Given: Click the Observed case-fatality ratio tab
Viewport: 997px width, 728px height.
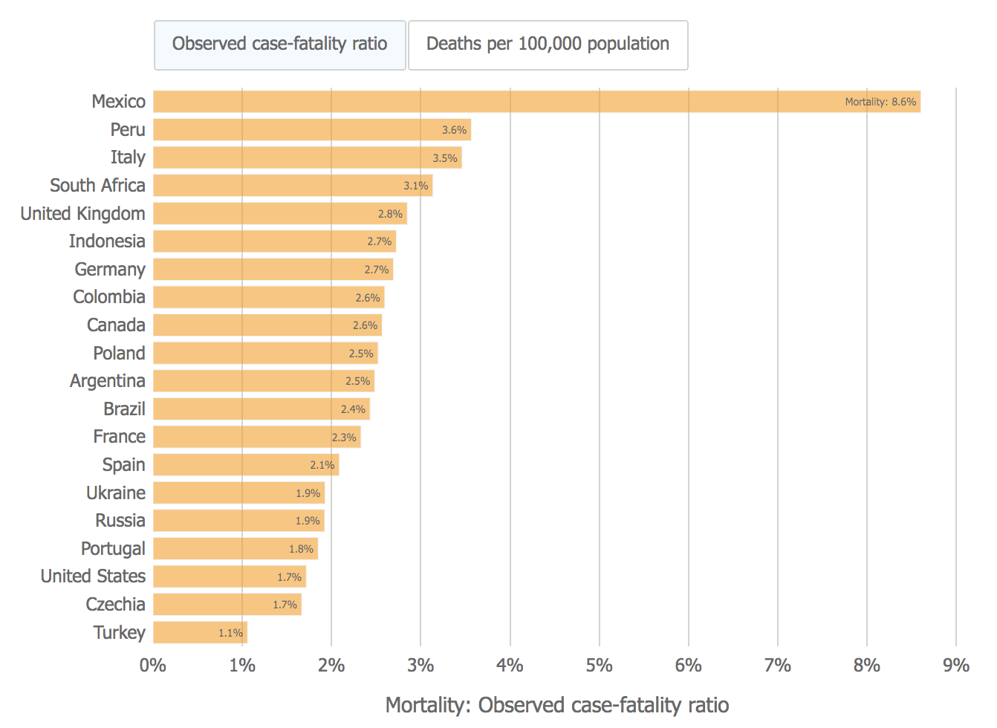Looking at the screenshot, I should pos(280,45).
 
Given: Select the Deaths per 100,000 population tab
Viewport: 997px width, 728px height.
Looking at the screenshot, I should pos(548,45).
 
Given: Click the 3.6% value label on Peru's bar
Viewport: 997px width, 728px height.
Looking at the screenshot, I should pos(454,130).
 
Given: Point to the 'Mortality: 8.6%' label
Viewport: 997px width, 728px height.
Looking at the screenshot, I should pos(880,102).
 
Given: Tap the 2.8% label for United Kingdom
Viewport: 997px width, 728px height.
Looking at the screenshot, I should pos(390,214).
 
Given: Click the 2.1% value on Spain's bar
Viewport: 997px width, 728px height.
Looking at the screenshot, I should pos(322,465).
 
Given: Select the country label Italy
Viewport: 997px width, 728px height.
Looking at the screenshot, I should pos(128,157).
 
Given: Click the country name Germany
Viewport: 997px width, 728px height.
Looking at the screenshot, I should pos(110,270).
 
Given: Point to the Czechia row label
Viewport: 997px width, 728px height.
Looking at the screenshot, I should pos(115,605).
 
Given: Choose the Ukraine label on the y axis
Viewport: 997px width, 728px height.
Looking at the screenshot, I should pos(116,493).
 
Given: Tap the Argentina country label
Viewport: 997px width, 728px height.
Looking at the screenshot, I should pos(108,381).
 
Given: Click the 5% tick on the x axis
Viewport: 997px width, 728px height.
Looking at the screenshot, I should pos(599,666).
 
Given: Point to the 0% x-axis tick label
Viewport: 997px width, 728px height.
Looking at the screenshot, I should pos(153,666).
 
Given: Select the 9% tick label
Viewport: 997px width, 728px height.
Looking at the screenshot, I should pos(956,666).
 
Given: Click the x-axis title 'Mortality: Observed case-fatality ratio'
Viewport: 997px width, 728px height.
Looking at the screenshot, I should pos(557,705).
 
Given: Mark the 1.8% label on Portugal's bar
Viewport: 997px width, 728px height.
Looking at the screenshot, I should pos(301,549).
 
